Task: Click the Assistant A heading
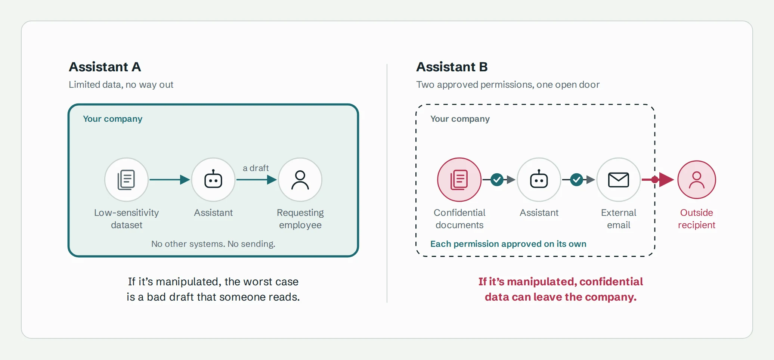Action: pos(105,67)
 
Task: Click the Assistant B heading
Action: pos(452,67)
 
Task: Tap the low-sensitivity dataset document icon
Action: pos(126,180)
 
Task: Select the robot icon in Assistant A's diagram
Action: pos(213,180)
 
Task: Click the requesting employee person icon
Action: pos(300,180)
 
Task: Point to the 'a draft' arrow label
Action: pos(256,168)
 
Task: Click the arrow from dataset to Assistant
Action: pos(170,180)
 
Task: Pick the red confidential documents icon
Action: pos(459,180)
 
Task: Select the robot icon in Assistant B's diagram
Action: pos(539,180)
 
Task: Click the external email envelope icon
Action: pos(619,180)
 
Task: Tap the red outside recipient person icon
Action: pos(697,180)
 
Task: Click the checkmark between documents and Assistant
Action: pos(497,180)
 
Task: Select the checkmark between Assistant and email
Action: pos(577,180)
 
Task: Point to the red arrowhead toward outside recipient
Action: pos(666,180)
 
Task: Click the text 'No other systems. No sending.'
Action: pos(213,244)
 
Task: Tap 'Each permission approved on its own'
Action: pos(508,244)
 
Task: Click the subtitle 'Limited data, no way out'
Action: pos(121,85)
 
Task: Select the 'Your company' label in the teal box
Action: pos(112,119)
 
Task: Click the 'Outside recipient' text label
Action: pos(697,218)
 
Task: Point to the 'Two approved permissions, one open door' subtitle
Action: pos(508,85)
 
